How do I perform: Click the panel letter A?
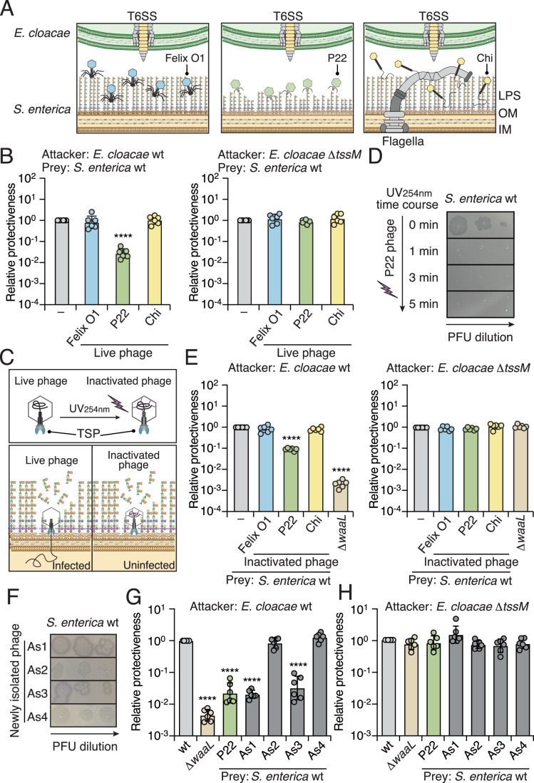point(9,9)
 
